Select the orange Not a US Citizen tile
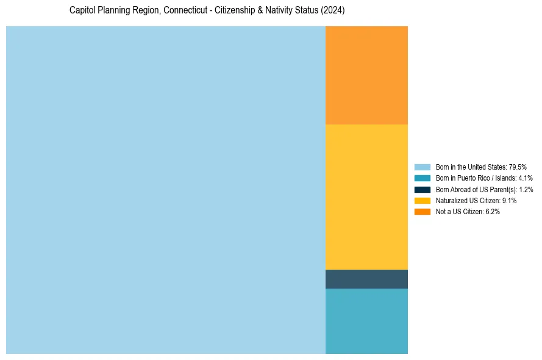[366, 75]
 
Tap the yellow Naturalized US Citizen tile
[366, 196]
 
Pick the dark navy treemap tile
[366, 279]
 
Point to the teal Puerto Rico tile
[366, 321]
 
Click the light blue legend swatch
[422, 167]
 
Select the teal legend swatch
[422, 178]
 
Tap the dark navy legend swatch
[422, 189]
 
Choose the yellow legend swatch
[422, 200]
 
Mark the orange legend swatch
[422, 211]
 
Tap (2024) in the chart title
[333, 11]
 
